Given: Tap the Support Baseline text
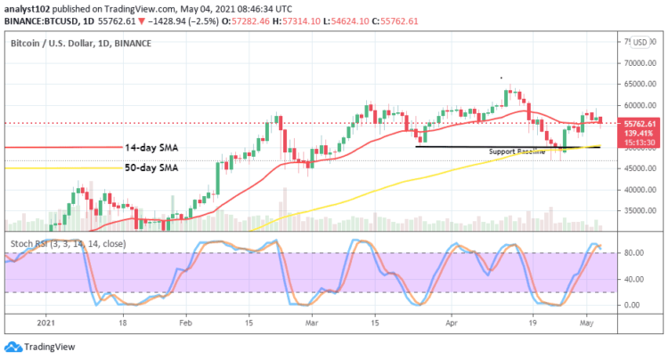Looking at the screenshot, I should click(517, 151).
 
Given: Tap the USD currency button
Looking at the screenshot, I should click(639, 41).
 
